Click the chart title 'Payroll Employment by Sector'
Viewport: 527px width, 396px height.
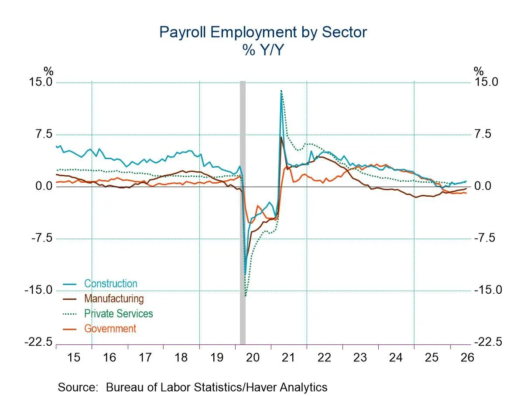point(263,32)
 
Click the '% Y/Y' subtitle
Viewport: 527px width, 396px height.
point(263,50)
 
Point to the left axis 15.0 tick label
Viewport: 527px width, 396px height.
point(41,82)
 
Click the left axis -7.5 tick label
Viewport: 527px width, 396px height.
point(42,238)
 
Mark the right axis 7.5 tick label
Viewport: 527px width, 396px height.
point(483,134)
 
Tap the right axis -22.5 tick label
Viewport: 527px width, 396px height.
point(488,342)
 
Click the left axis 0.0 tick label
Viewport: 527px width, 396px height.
point(44,186)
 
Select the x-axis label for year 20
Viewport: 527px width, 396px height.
point(253,358)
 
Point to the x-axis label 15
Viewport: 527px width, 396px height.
point(74,358)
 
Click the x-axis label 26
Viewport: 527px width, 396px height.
point(467,358)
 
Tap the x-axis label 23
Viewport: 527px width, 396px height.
point(360,358)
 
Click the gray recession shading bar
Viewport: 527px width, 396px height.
point(243,212)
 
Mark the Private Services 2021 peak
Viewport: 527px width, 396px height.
point(281,90)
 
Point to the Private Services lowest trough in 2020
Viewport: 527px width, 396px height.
point(245,296)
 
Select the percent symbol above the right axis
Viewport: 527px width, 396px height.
point(479,71)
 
